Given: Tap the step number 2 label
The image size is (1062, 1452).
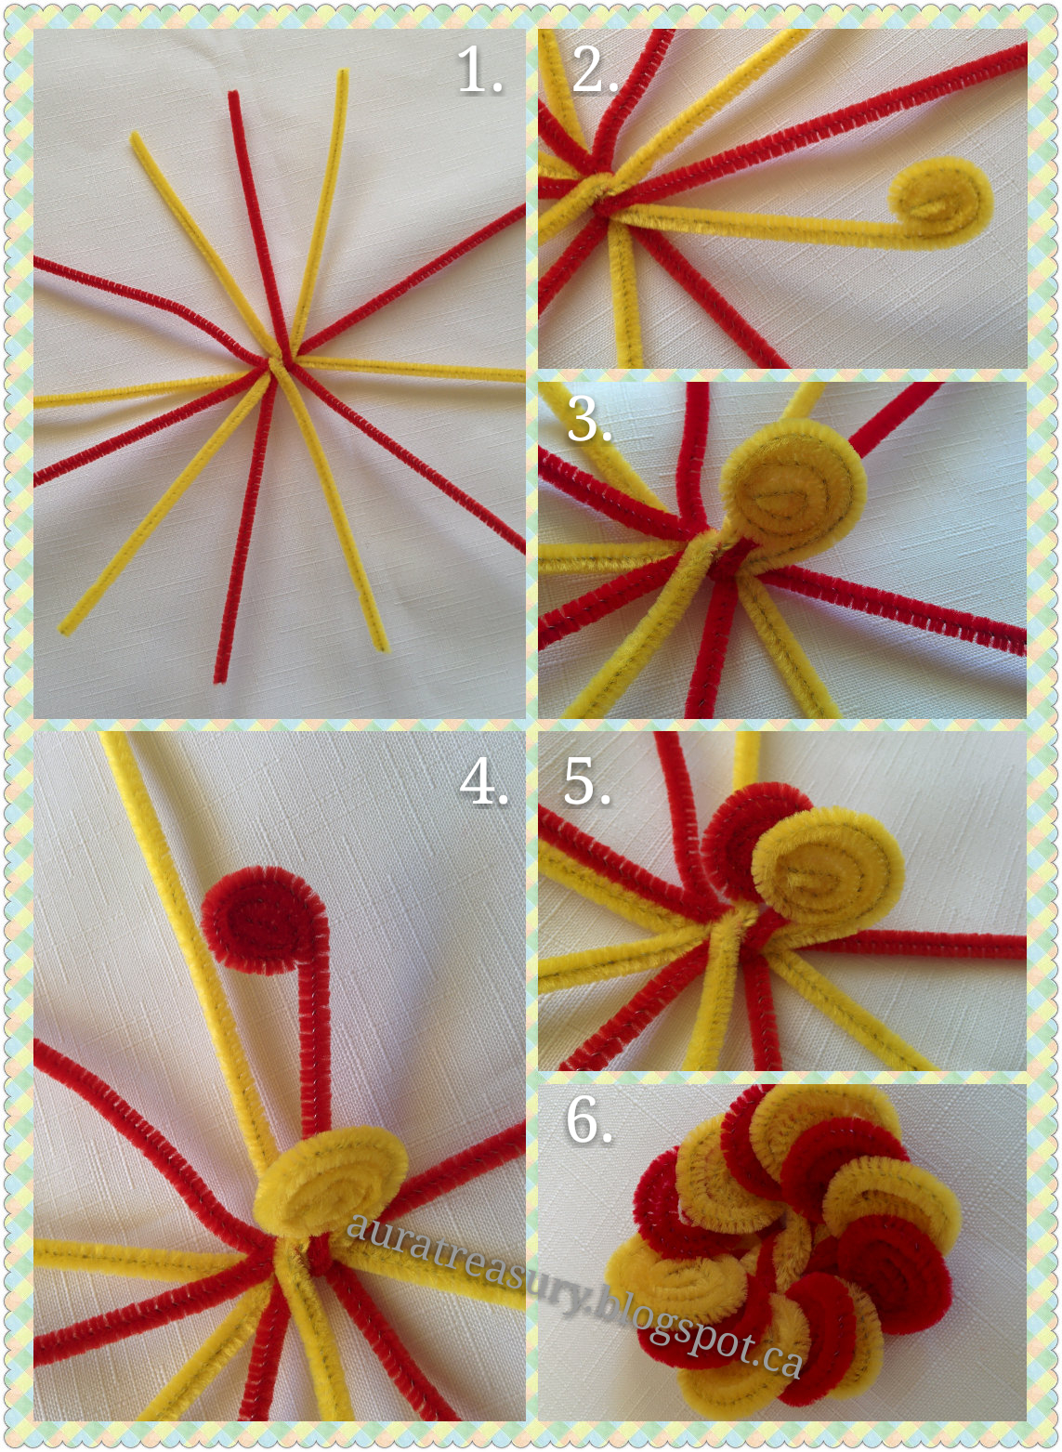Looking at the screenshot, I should coord(594,70).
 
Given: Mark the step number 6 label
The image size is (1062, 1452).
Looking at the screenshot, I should coord(589,1120).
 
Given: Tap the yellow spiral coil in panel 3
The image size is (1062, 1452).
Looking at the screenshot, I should coord(793,490).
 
